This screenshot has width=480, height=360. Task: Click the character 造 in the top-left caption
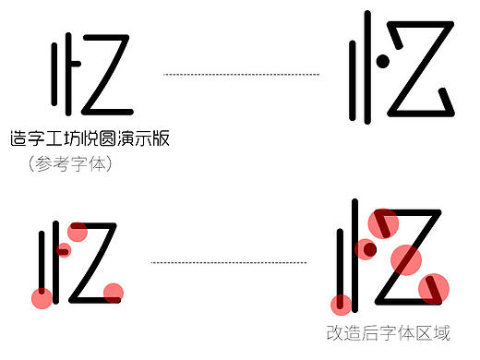coord(18,139)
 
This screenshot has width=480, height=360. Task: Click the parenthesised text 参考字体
coord(70,164)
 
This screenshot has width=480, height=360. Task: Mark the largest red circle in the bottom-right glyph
coord(406,260)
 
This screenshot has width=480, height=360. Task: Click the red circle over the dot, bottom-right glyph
coord(366,248)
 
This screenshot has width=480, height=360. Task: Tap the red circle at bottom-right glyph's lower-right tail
coord(433,288)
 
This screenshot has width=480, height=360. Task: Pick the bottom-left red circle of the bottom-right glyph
coord(342,305)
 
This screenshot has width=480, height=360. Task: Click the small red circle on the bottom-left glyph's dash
coord(64,249)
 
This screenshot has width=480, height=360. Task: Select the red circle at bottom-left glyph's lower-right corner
coord(113,294)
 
